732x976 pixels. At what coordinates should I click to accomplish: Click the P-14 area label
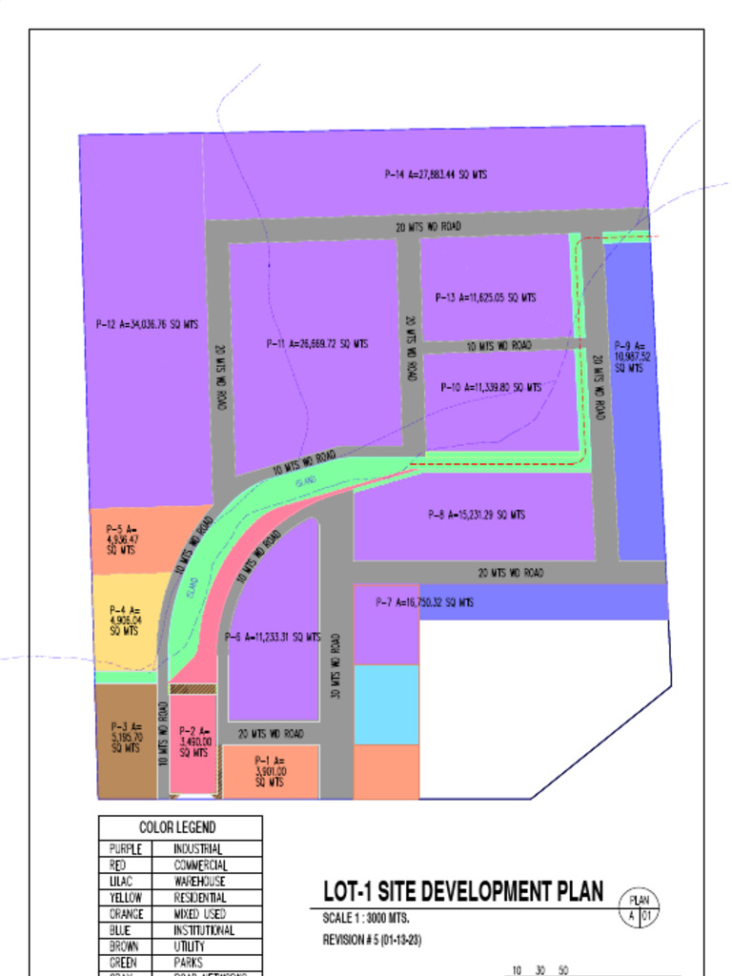pos(437,174)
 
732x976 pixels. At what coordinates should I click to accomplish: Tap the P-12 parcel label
pos(147,324)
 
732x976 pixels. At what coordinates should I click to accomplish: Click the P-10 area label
pos(491,387)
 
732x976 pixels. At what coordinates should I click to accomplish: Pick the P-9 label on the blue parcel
pos(630,356)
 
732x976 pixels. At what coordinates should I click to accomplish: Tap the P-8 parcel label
pos(477,515)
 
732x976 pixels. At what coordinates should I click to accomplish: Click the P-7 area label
pos(424,602)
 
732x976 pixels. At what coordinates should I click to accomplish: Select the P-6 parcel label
pos(273,637)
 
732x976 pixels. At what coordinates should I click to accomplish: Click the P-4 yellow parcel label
pos(124,620)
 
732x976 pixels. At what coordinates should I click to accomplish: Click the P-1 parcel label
pos(270,771)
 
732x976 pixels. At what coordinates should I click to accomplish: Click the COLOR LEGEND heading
pos(177,827)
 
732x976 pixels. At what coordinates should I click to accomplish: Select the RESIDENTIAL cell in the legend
pos(200,898)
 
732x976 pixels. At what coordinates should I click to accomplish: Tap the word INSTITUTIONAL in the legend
pos(204,930)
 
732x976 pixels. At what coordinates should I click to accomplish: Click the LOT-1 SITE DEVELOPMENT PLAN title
pos(463,891)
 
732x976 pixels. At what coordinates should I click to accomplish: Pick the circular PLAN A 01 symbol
pos(639,907)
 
